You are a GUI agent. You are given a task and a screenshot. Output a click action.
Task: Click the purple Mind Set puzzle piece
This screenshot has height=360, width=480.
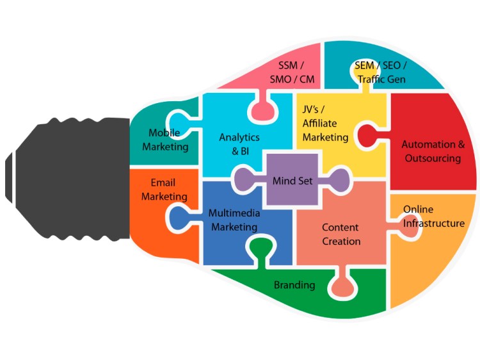292,181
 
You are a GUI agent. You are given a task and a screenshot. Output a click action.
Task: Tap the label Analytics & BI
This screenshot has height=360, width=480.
239,144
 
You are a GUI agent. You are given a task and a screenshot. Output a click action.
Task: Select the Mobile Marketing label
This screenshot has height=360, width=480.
165,140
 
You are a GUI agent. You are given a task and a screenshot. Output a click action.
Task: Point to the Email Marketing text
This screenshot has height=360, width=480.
164,190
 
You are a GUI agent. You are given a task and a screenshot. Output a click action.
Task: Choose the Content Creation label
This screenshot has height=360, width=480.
340,234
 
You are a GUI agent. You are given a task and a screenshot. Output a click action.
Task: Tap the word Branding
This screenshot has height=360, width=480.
294,284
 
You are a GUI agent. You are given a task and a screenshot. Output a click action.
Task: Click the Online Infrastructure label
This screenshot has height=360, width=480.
433,217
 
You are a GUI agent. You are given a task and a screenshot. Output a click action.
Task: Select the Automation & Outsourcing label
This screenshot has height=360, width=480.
433,151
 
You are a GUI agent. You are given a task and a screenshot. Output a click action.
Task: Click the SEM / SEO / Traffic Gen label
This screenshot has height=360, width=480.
381,73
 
